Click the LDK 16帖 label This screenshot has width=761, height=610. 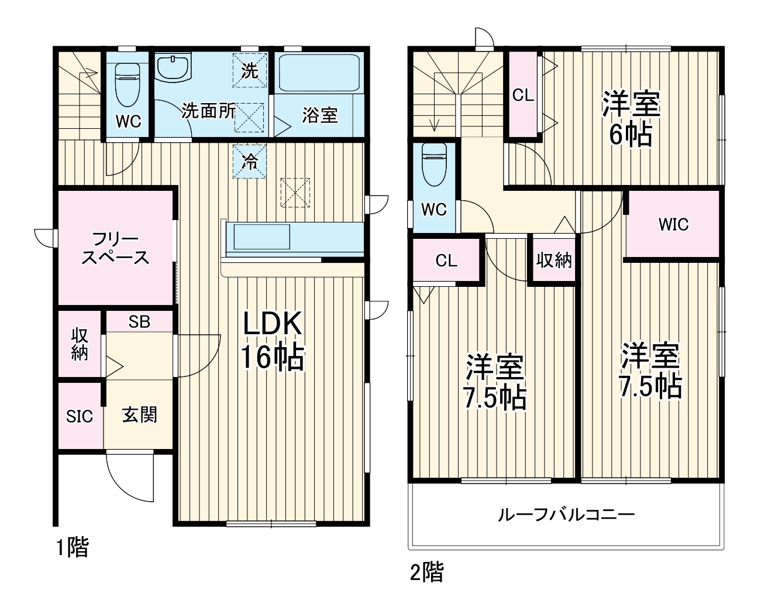point(272,340)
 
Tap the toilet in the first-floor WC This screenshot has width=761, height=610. point(127,82)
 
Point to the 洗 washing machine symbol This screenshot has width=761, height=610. point(250,70)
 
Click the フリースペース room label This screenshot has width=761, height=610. point(115,248)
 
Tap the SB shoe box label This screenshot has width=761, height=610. point(139,321)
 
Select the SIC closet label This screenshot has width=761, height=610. point(80,416)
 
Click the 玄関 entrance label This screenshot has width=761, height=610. point(139,415)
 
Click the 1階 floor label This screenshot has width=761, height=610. point(72,548)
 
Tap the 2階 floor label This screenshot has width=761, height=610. point(426,572)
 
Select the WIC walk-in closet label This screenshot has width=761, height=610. point(673,224)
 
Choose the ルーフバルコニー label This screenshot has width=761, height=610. point(566,515)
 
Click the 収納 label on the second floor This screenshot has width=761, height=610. point(554,260)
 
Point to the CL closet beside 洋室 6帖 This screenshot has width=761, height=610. point(523,95)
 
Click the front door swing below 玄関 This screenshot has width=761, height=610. point(130,477)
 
